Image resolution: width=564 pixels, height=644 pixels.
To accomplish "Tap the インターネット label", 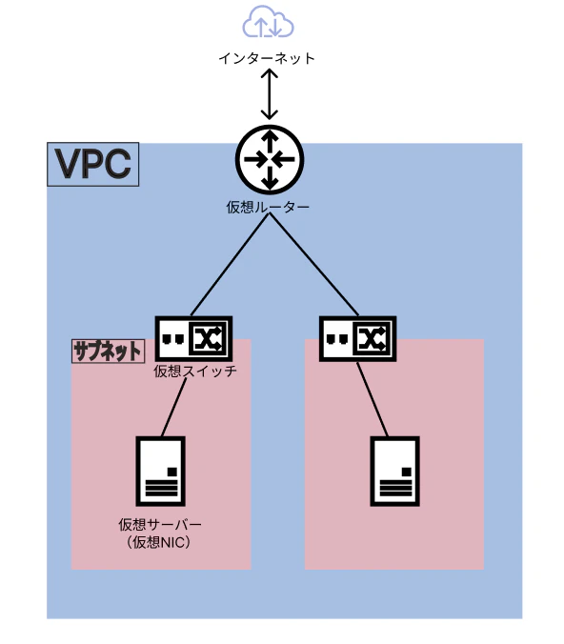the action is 267,58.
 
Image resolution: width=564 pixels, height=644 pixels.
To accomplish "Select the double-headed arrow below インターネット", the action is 270,94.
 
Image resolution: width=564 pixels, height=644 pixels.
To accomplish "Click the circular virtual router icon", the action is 270,159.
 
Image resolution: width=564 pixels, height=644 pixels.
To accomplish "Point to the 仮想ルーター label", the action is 268,208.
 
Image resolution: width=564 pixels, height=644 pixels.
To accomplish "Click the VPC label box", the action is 92,164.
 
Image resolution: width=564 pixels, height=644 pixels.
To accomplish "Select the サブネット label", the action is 108,352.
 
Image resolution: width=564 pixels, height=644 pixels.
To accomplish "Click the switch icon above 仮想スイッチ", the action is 193,338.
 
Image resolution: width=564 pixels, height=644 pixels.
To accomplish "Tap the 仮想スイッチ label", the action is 195,372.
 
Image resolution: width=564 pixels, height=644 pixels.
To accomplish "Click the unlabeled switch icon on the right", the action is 358,338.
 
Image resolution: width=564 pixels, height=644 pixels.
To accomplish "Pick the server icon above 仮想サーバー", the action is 161,471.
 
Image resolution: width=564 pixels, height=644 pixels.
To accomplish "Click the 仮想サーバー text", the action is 160,525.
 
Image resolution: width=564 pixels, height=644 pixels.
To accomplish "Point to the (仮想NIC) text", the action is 158,543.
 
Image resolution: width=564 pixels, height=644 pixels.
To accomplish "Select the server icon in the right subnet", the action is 394,471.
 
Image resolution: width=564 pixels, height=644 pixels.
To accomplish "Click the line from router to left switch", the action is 230,265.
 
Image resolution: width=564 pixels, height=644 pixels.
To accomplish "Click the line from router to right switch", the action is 314,265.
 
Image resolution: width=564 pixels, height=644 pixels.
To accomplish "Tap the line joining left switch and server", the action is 173,408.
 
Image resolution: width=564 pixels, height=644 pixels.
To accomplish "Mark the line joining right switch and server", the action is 373,399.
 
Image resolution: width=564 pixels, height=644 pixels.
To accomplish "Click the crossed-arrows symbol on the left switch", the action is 209,339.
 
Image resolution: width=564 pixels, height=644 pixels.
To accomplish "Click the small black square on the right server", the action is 406,472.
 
